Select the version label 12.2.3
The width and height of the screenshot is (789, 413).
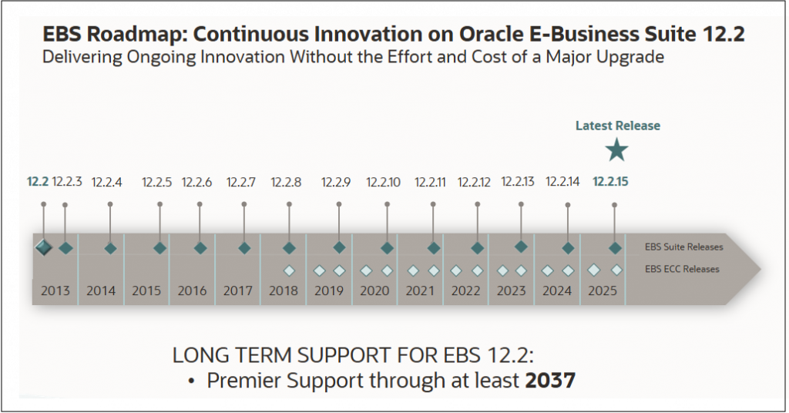click(x=67, y=183)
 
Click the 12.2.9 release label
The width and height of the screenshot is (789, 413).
click(x=336, y=183)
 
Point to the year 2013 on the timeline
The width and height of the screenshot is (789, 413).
click(x=55, y=291)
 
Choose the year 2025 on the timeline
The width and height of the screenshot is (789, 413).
click(x=603, y=291)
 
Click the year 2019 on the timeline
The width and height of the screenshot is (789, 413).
click(x=329, y=291)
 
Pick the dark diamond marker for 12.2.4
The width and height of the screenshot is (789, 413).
click(x=110, y=248)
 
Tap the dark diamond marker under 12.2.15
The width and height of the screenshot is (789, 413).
click(x=615, y=248)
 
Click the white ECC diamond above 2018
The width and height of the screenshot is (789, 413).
click(x=289, y=270)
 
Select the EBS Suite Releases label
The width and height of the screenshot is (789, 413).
click(x=683, y=247)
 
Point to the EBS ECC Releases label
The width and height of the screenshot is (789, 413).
click(x=682, y=269)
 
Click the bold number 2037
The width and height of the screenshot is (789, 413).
click(x=550, y=381)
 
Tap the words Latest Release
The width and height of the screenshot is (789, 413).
click(x=617, y=126)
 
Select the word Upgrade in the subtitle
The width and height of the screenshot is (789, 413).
click(x=631, y=57)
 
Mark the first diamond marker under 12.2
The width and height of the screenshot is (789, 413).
click(x=43, y=247)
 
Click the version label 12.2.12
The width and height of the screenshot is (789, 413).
click(x=474, y=183)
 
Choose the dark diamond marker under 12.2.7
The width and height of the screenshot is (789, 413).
click(x=244, y=248)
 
